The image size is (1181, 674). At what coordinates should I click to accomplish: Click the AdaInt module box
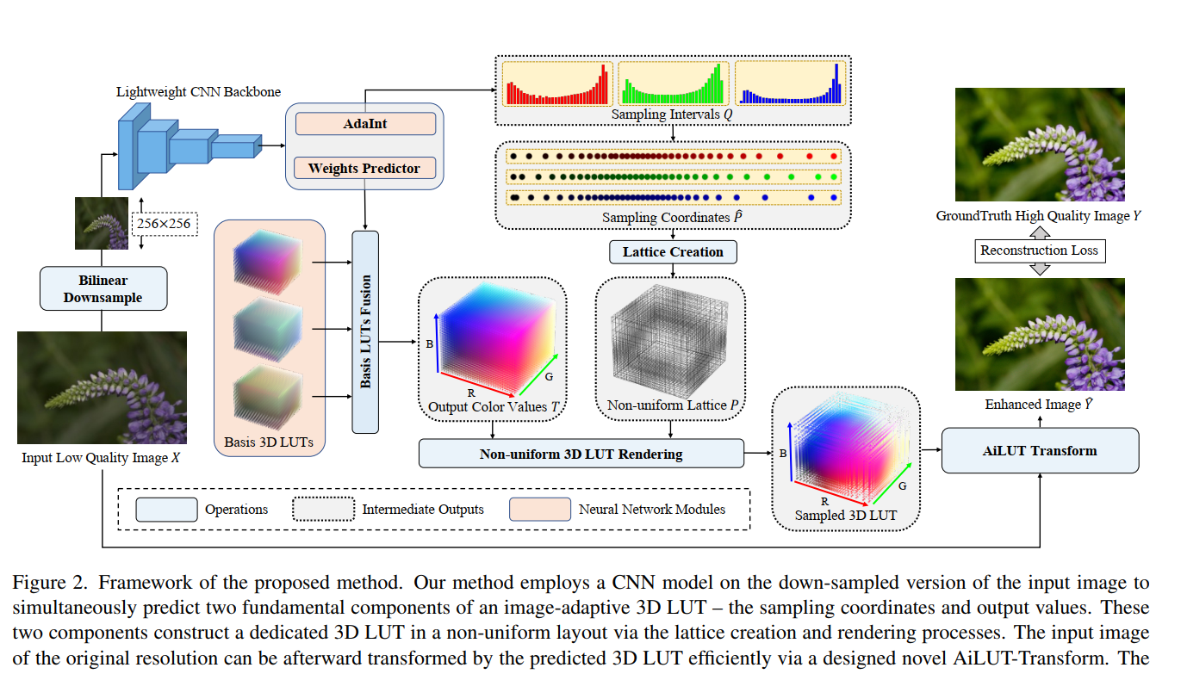tap(365, 124)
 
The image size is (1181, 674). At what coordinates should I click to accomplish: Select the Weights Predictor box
tap(365, 169)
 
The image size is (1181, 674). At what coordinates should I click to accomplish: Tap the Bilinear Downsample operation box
tap(103, 288)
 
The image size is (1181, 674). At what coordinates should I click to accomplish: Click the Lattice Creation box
tap(673, 252)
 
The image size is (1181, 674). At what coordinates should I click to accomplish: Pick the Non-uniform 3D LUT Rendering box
tap(581, 454)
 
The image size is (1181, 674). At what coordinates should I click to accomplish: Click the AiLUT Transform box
tap(1040, 451)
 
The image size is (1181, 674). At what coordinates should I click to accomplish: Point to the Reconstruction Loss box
tap(1039, 250)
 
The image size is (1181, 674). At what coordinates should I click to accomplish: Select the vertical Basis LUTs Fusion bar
tap(365, 332)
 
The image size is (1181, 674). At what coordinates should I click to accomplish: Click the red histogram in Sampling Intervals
tap(557, 84)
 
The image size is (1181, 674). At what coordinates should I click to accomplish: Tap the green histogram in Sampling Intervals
tap(674, 84)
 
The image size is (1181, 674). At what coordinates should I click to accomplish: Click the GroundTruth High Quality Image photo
tap(1040, 145)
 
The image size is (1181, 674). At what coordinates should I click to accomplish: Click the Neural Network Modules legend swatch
tap(539, 510)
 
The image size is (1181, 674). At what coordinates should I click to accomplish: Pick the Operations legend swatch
tap(166, 510)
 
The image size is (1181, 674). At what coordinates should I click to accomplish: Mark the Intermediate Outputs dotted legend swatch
tap(324, 510)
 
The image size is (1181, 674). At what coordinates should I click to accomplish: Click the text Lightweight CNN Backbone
tap(198, 92)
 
